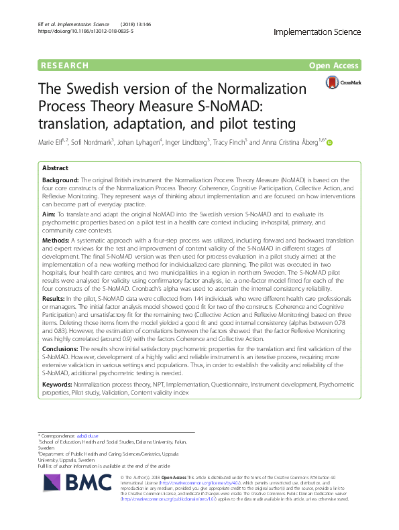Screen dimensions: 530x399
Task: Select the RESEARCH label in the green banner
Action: click(x=65, y=65)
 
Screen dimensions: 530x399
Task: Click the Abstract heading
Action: click(x=56, y=169)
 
